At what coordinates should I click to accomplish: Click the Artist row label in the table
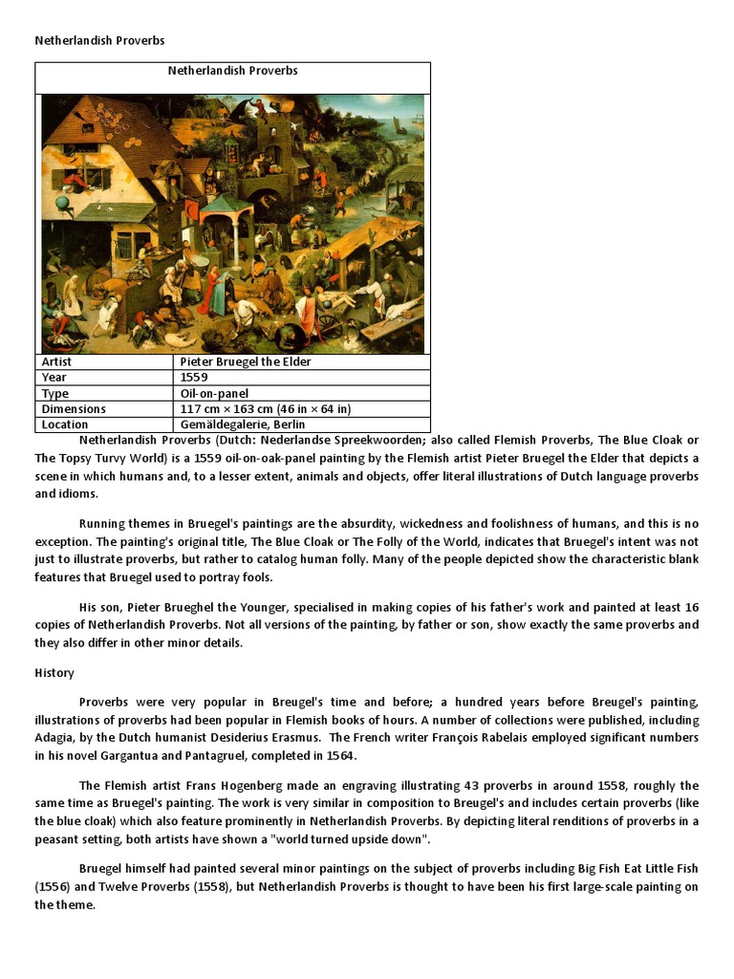56,362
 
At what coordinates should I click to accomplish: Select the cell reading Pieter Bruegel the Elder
246,362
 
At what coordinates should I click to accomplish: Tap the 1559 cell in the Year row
194,378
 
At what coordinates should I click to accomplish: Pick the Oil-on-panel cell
214,393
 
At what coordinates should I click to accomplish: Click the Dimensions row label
74,409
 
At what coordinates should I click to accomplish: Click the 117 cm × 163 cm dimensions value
266,409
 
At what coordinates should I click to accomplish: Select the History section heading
54,673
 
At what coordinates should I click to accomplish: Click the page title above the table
100,41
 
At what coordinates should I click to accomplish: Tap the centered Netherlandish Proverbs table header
233,71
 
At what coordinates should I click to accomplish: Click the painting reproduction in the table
233,224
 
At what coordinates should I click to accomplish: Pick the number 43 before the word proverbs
472,786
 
